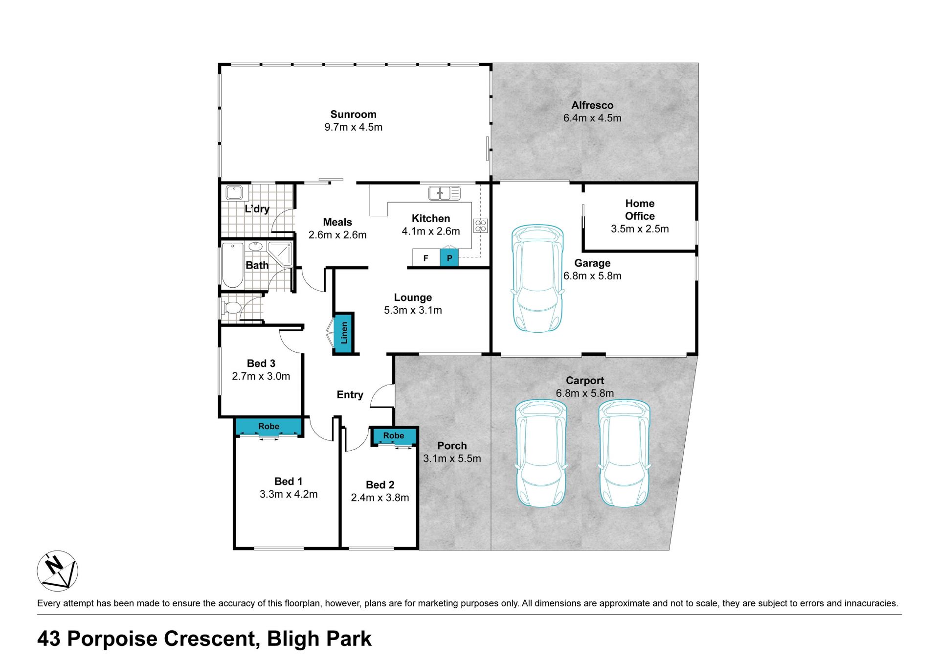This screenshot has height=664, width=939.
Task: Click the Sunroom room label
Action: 353,114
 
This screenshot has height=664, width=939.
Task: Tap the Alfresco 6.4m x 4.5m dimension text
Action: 592,118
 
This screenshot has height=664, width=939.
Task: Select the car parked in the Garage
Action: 537,278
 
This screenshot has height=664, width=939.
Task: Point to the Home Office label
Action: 640,209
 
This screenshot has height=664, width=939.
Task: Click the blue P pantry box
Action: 449,258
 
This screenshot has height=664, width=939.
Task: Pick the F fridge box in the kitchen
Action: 426,258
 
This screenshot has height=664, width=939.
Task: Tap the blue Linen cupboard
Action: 344,333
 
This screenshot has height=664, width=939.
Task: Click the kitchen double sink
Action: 444,193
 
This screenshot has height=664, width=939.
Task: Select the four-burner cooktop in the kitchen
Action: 481,226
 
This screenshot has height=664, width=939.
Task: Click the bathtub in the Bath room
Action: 233,265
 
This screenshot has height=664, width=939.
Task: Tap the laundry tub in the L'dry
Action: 234,192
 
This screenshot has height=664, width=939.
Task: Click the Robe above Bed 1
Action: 268,426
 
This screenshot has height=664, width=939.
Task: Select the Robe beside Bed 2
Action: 394,435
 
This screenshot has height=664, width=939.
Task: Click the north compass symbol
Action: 58,571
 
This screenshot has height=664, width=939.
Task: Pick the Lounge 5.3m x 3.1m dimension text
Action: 413,310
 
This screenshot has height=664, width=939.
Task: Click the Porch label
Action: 452,446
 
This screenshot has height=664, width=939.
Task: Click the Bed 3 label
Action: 261,364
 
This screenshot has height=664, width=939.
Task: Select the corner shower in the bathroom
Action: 280,253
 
